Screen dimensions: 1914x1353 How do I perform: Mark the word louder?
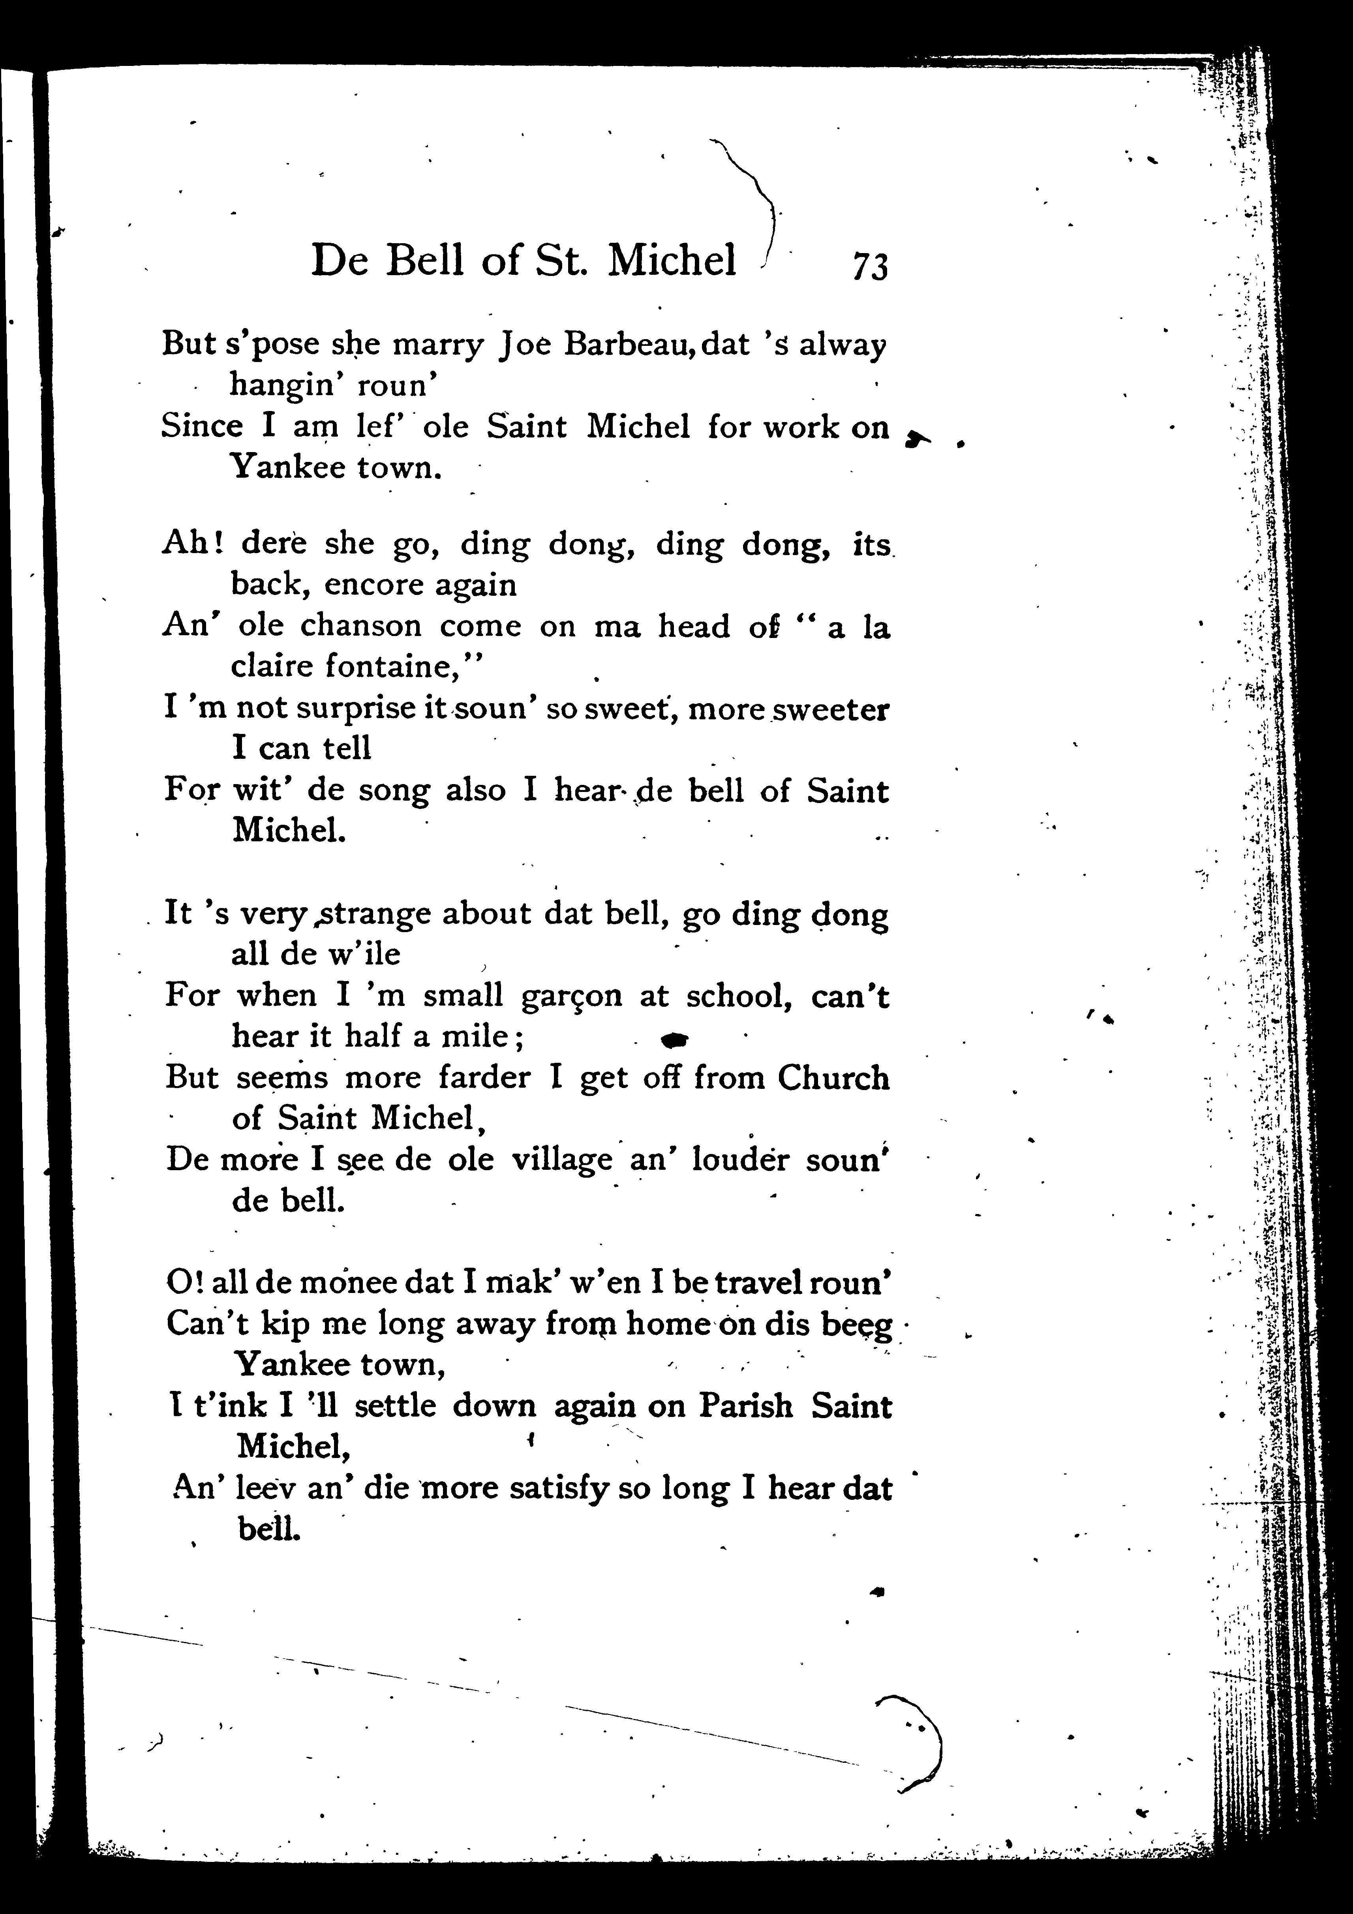click(739, 1160)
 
